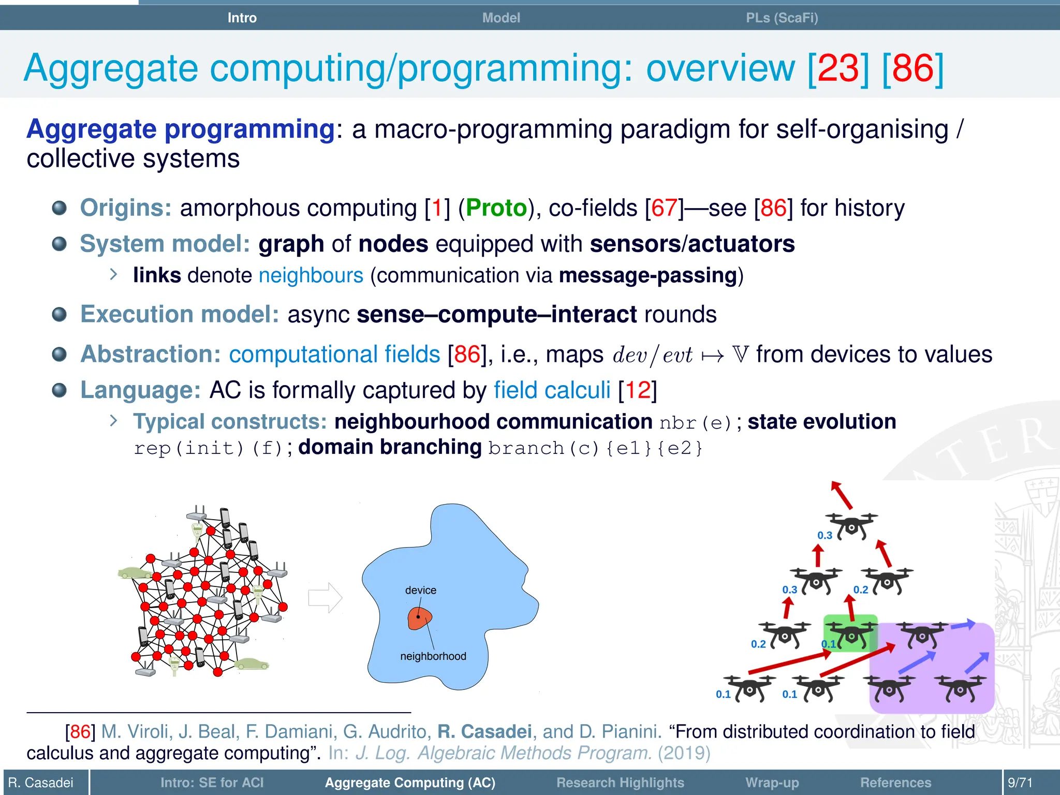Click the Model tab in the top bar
tap(500, 18)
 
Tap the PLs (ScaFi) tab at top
tap(782, 18)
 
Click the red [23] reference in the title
tap(838, 68)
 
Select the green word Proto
tap(496, 208)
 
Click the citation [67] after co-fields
tap(664, 208)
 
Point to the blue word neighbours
tap(311, 275)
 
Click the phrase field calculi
tap(552, 390)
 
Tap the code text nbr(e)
tap(696, 423)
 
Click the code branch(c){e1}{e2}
tap(595, 448)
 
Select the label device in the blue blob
tap(420, 590)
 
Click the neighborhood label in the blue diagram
tap(433, 656)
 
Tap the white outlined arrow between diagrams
tap(325, 598)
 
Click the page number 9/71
tap(1020, 782)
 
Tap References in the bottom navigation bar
tap(895, 782)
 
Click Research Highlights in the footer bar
tap(620, 782)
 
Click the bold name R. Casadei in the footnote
tap(484, 732)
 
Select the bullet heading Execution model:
tap(180, 315)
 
